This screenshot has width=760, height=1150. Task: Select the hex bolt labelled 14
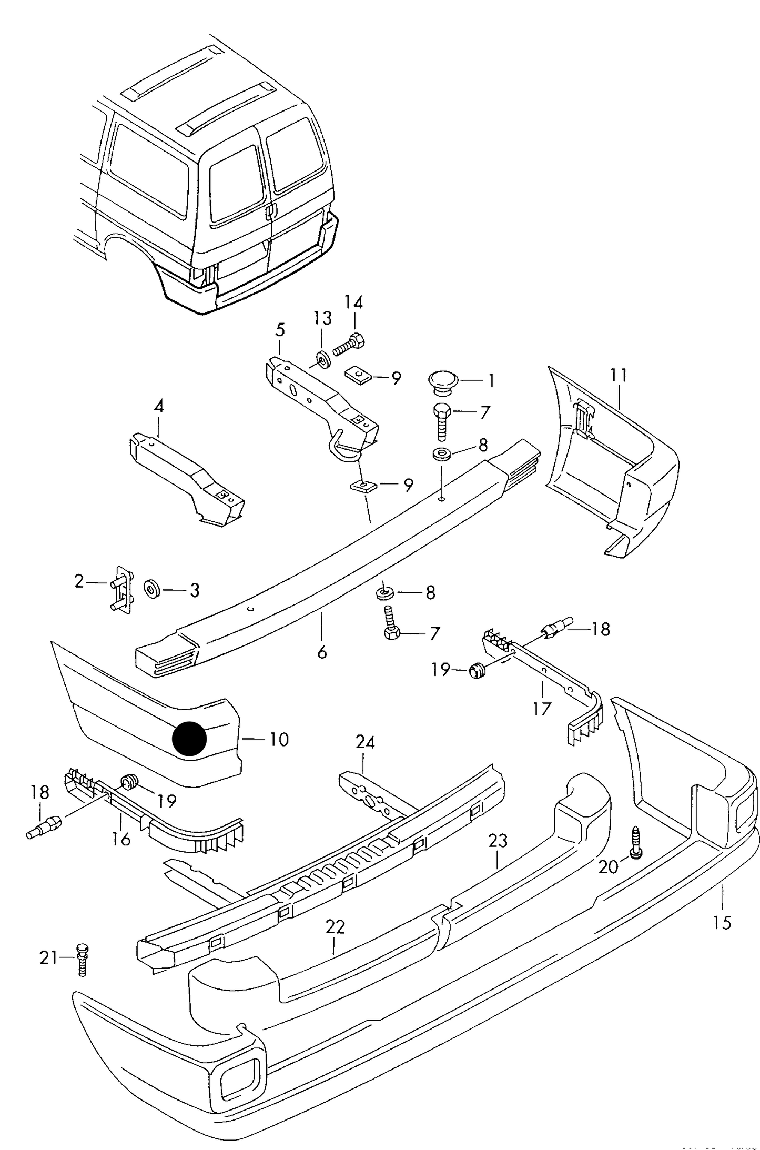(350, 344)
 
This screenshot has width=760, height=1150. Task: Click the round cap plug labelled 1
(443, 380)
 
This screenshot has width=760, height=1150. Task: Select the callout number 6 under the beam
(322, 653)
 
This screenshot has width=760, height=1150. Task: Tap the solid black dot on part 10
(190, 738)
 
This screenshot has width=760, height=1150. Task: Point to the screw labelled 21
(82, 959)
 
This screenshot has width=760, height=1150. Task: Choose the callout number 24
(365, 742)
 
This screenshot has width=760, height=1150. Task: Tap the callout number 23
(498, 841)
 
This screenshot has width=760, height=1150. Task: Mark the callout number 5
(280, 330)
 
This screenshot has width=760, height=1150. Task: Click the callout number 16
(121, 839)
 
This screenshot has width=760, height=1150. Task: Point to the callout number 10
(279, 739)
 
